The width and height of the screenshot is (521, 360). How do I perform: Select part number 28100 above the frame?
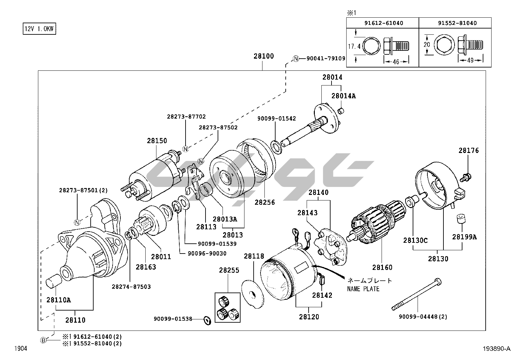(263, 56)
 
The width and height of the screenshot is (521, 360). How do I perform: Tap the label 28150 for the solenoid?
(157, 141)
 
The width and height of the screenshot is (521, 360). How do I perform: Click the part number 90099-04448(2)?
(423, 317)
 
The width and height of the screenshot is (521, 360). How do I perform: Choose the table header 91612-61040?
(384, 23)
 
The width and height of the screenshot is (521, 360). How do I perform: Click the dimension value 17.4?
(354, 47)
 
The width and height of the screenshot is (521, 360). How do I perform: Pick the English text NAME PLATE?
(363, 289)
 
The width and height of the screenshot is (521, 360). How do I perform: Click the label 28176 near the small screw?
(468, 151)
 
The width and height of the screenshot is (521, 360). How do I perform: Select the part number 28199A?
(464, 237)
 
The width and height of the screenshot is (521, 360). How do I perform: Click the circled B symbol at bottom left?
(44, 340)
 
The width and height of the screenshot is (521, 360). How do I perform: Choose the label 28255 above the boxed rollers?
(229, 271)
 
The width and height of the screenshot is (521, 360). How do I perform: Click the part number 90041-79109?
(326, 59)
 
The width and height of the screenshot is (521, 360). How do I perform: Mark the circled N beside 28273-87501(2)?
(77, 223)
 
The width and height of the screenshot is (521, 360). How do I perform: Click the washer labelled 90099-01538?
(207, 320)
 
